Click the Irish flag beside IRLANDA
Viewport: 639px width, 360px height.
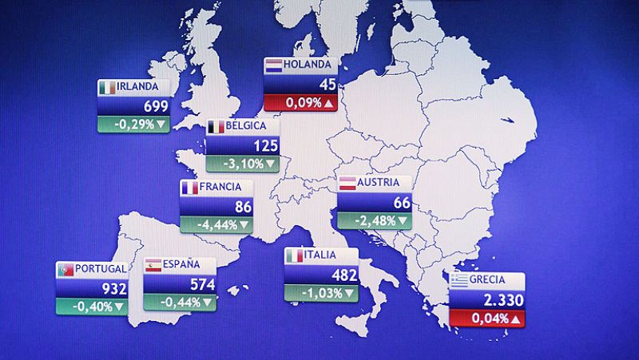pyautogui.click(x=106, y=87)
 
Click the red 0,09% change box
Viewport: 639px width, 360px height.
pyautogui.click(x=300, y=103)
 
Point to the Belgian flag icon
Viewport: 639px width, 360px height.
pyautogui.click(x=215, y=127)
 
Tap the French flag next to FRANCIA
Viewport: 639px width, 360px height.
pyautogui.click(x=189, y=188)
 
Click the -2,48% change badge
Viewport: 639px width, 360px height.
pyautogui.click(x=374, y=220)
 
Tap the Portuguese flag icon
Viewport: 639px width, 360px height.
pyautogui.click(x=65, y=270)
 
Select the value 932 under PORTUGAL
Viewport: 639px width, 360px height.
pyautogui.click(x=114, y=288)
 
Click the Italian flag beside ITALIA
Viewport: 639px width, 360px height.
pyautogui.click(x=294, y=255)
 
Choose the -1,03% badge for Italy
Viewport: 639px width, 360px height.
pyautogui.click(x=321, y=293)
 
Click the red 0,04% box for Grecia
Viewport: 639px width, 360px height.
pyautogui.click(x=487, y=319)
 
